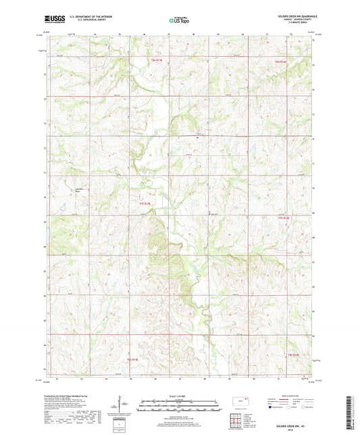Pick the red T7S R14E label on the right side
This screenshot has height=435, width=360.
284,218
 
